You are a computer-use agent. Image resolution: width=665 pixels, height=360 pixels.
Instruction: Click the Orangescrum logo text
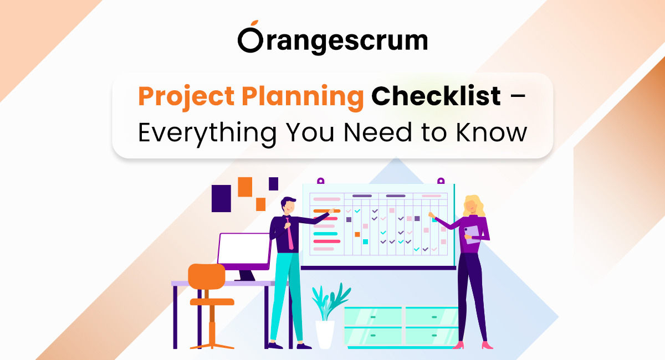click(332, 40)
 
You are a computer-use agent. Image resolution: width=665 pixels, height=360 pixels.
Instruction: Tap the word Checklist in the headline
click(436, 97)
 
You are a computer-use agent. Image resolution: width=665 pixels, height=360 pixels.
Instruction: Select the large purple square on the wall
click(221, 198)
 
